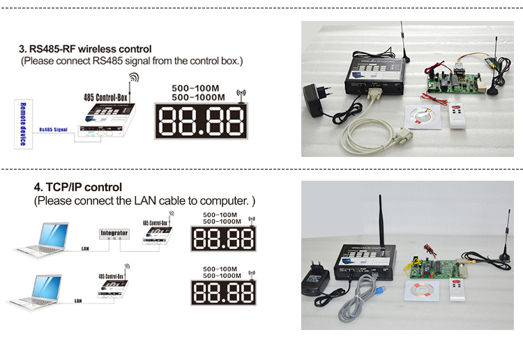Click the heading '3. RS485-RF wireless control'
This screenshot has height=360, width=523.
(85, 50)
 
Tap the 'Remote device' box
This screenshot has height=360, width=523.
(22, 124)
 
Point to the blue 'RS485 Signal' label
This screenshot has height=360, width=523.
(54, 129)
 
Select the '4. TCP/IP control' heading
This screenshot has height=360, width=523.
(77, 187)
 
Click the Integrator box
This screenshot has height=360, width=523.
(114, 234)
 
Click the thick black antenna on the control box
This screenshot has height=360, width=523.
(382, 220)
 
